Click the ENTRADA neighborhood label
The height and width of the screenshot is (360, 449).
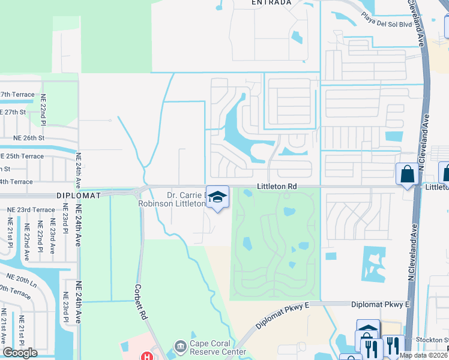[x=271, y=2]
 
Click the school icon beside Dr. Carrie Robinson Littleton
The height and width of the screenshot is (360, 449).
[x=217, y=196]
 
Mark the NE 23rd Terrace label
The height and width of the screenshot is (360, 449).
[x=31, y=209]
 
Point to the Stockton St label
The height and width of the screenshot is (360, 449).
[x=436, y=339]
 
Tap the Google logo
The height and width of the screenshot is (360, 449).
[x=20, y=353]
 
